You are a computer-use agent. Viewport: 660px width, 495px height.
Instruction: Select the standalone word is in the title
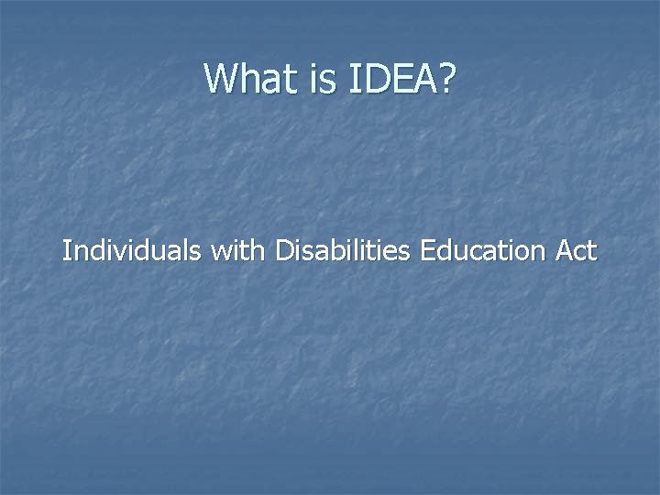pyautogui.click(x=324, y=79)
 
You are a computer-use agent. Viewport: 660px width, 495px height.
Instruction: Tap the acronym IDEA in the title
pyautogui.click(x=390, y=79)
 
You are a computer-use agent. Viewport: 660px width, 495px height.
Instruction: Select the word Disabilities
pyautogui.click(x=341, y=250)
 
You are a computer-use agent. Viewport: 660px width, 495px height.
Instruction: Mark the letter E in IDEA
pyautogui.click(x=401, y=79)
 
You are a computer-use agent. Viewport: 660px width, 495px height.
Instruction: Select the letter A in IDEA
pyautogui.click(x=423, y=79)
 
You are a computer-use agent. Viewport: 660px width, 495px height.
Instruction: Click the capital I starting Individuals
pyautogui.click(x=66, y=250)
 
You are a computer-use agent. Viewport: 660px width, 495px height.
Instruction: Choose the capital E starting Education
pyautogui.click(x=427, y=250)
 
